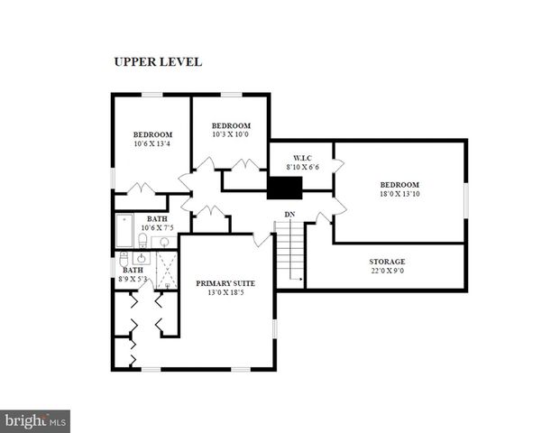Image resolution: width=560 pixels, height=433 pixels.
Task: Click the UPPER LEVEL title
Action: coord(157,62)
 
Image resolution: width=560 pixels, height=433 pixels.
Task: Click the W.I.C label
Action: coord(301,157)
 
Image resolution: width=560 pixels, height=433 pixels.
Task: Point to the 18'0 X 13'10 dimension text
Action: coord(399,192)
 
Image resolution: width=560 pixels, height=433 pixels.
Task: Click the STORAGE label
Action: coord(387,262)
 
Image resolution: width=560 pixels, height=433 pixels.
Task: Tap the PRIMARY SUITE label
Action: coord(226,283)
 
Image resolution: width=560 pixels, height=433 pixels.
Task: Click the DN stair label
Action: coord(289,214)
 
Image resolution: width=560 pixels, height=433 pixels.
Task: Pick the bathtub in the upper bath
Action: coord(124,230)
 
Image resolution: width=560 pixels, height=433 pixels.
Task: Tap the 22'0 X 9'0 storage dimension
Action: coord(387,271)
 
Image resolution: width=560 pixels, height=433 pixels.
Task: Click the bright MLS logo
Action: coord(35,420)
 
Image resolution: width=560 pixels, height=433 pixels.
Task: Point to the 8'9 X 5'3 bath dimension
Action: coord(133,279)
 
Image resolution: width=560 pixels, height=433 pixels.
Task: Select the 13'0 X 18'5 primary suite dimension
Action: coord(226,292)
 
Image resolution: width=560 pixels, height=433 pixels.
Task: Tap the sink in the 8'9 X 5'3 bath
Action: coord(141,259)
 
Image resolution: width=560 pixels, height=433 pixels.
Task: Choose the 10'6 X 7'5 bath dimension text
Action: coord(158,227)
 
